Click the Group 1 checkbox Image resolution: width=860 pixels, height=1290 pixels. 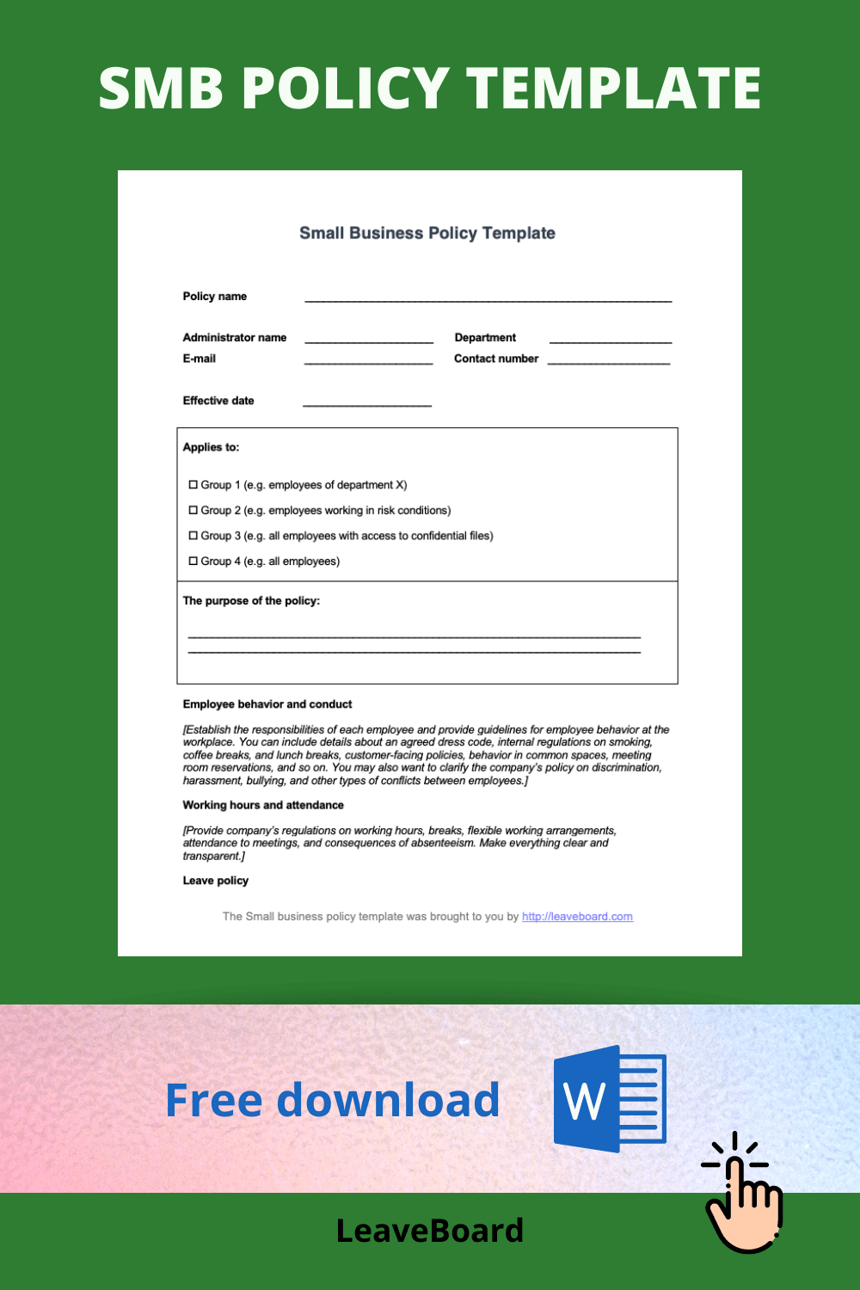(193, 485)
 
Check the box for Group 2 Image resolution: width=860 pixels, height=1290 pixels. (193, 510)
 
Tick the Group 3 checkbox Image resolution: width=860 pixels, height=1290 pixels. (193, 536)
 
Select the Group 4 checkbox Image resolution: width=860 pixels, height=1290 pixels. (193, 561)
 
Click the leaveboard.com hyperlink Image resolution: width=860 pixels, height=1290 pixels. (577, 917)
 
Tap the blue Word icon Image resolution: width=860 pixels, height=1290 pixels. (609, 1099)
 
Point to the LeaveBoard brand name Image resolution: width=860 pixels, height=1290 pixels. (429, 1231)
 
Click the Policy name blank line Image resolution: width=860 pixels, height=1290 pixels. (488, 299)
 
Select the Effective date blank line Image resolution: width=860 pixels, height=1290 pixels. (367, 403)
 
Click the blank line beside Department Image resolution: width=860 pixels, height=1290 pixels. (610, 341)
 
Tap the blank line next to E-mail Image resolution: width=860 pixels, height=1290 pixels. (368, 362)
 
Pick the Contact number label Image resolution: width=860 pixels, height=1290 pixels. (496, 359)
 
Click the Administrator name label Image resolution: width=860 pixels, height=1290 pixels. (235, 338)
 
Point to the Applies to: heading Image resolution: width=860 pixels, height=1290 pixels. (211, 447)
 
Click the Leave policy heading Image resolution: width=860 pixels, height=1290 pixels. (215, 881)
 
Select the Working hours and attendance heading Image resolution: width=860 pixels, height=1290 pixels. (263, 805)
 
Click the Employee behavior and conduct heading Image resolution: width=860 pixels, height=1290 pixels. (267, 704)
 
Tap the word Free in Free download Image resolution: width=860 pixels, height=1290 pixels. (213, 1100)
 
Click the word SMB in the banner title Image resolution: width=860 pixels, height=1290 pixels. (161, 89)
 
